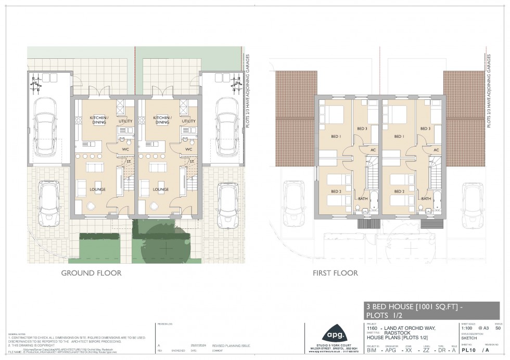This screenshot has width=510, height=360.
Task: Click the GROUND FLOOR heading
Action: coord(91,273)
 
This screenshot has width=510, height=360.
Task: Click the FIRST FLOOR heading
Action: coord(335,273)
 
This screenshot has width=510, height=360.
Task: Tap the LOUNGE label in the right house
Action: coord(160,190)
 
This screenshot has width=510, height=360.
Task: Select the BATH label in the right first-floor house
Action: coord(426,198)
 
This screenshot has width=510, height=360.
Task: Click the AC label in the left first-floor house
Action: coord(373,150)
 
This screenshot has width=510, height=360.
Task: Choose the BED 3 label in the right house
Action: coord(426,128)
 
